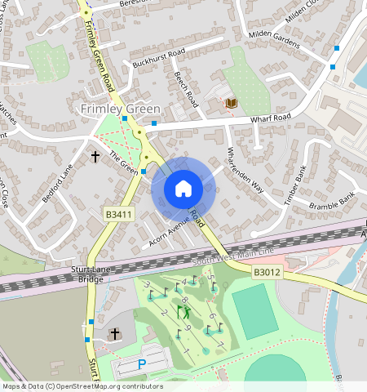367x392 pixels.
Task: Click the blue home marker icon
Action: pyautogui.click(x=183, y=189)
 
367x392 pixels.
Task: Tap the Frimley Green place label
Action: pyautogui.click(x=120, y=109)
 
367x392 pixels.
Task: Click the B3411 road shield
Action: pyautogui.click(x=118, y=214)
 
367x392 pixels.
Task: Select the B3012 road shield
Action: pyautogui.click(x=266, y=272)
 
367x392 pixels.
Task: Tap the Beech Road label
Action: pyautogui.click(x=186, y=89)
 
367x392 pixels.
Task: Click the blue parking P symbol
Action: pyautogui.click(x=142, y=364)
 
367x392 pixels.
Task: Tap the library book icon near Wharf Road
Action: pyautogui.click(x=232, y=104)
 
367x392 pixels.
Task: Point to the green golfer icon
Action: pyautogui.click(x=186, y=311)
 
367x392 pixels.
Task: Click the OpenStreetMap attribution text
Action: pyautogui.click(x=82, y=386)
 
